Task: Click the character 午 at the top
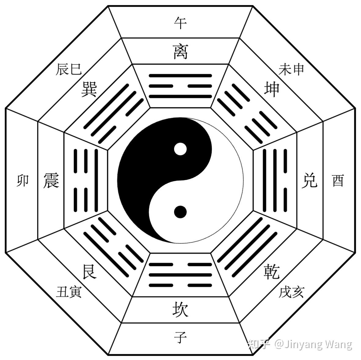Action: pyautogui.click(x=180, y=23)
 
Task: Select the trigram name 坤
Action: pyautogui.click(x=272, y=89)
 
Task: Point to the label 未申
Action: pyautogui.click(x=291, y=70)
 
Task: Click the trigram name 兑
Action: pyautogui.click(x=309, y=180)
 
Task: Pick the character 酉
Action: pyautogui.click(x=338, y=180)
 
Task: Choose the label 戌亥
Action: pyautogui.click(x=291, y=292)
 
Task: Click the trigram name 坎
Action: pyautogui.click(x=180, y=309)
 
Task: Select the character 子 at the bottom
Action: pyautogui.click(x=180, y=337)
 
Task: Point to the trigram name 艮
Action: pyautogui.click(x=89, y=271)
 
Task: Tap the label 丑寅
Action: pyautogui.click(x=69, y=292)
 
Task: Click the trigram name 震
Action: pyautogui.click(x=51, y=180)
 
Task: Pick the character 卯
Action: pyautogui.click(x=23, y=180)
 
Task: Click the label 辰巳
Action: pyautogui.click(x=69, y=70)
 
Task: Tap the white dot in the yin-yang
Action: pyautogui.click(x=180, y=149)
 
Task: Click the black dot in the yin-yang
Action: pyautogui.click(x=180, y=212)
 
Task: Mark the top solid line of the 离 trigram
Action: pyautogui.click(x=180, y=75)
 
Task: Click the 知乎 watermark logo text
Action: pyautogui.click(x=259, y=344)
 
